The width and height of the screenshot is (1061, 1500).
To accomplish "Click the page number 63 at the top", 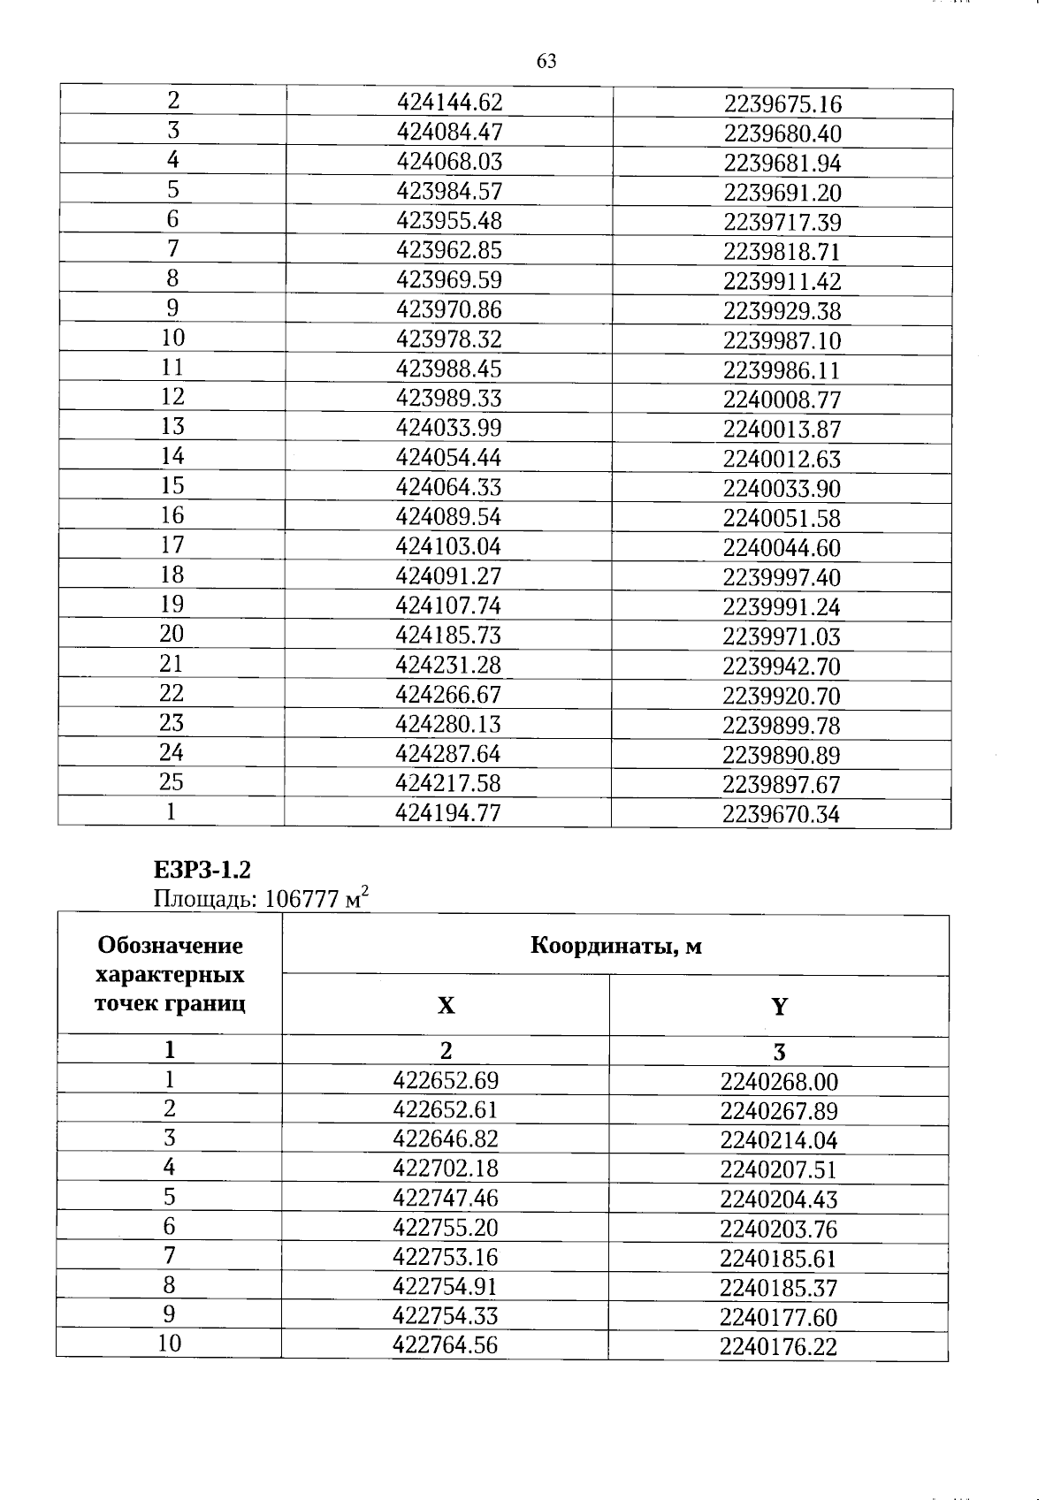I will (x=546, y=61).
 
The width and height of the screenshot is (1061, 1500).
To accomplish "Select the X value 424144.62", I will (x=449, y=103).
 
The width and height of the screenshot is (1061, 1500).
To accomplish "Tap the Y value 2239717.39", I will (x=782, y=223).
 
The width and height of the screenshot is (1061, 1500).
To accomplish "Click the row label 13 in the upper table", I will (x=172, y=427).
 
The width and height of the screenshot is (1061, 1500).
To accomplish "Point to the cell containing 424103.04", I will (x=449, y=547).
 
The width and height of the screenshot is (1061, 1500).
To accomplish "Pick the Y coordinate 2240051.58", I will (x=782, y=519).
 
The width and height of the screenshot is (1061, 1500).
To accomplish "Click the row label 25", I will (x=171, y=782).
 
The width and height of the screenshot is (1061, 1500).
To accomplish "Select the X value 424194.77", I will (x=448, y=813).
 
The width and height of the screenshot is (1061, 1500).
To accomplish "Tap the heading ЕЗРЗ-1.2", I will (x=195, y=871).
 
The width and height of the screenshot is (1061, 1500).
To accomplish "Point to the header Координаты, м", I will (x=615, y=946).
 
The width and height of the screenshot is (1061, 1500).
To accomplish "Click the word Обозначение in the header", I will (x=170, y=946).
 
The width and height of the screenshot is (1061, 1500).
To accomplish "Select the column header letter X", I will (x=446, y=1006).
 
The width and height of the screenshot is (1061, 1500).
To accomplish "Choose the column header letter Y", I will (x=779, y=1007).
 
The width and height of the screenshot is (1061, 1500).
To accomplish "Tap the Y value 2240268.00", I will (x=779, y=1082).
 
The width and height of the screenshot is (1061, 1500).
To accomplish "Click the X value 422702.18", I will (x=446, y=1169).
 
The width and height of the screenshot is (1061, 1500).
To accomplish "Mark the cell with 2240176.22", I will (x=778, y=1347).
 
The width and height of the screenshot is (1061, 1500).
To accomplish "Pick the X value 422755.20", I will (x=446, y=1228).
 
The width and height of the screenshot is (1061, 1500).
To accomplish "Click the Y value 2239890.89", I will (x=782, y=756).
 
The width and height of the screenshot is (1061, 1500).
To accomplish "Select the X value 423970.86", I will (x=449, y=310).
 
